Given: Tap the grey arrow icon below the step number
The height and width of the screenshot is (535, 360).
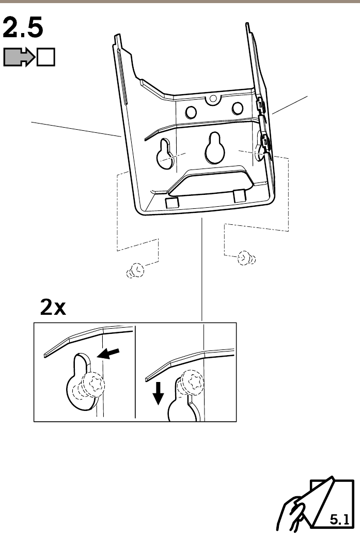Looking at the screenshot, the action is point(19,57).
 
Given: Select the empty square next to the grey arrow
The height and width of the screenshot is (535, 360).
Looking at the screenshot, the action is point(46,57).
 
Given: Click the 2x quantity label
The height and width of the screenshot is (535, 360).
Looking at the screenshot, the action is point(53,308).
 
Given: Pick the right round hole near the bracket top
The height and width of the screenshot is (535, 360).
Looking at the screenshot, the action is point(237,108).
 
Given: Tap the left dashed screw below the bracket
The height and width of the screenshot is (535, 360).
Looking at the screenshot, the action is point(136,270).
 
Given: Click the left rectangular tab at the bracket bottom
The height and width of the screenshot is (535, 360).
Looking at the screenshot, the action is point(171,202).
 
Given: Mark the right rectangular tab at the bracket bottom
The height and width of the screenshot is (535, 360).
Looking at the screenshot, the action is point(239,196).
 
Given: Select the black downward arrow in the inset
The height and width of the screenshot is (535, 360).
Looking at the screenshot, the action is point(159,396).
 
